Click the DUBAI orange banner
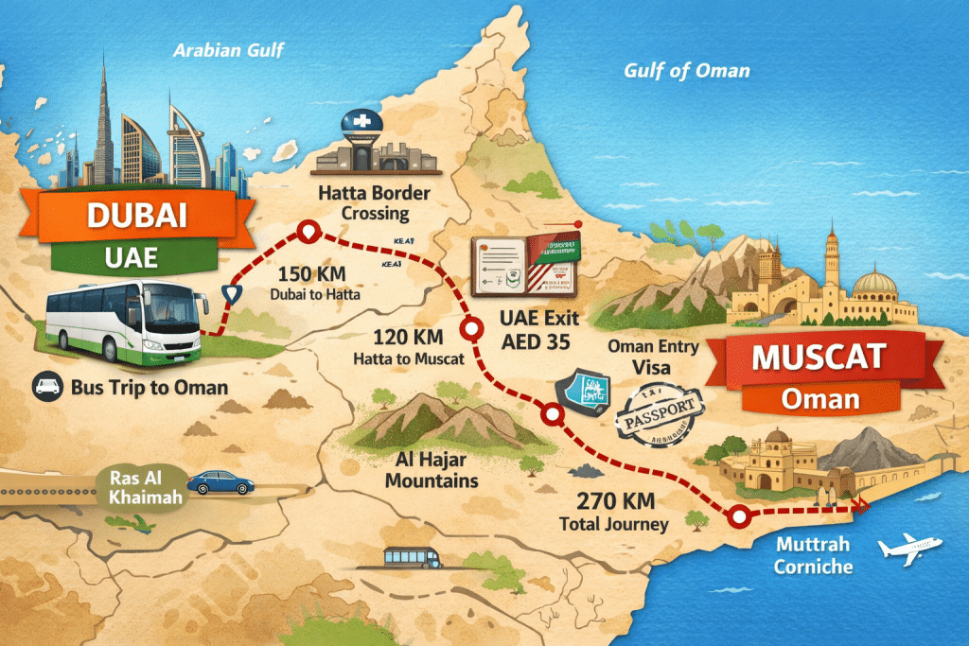[x=137, y=215]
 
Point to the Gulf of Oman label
[x=687, y=70]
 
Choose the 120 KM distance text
[x=401, y=339]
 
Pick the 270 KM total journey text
[x=613, y=502]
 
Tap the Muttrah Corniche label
[x=813, y=556]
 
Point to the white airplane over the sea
[x=908, y=549]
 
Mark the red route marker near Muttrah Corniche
[x=739, y=516]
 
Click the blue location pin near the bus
[x=229, y=295]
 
